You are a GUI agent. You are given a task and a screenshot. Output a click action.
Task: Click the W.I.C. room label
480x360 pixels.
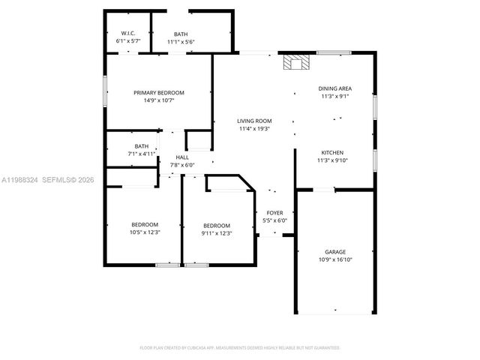tap(127, 34)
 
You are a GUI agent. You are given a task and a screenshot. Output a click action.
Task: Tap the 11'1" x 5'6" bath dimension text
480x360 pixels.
tap(181, 42)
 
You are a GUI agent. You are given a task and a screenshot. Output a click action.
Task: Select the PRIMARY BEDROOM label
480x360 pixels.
tap(159, 92)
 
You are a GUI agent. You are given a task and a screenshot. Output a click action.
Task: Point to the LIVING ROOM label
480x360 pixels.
tap(254, 121)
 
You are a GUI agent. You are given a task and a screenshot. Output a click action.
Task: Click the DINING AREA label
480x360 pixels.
tap(335, 88)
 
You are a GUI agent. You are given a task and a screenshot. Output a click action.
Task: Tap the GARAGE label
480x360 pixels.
tap(335, 252)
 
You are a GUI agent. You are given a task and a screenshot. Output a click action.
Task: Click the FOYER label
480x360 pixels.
tap(274, 213)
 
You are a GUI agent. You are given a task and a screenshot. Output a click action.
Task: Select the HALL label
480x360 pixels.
tap(182, 157)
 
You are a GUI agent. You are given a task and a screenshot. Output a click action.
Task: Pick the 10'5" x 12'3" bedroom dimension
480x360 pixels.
tap(145, 232)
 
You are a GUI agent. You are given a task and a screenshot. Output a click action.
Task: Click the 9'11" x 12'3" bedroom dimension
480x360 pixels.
tap(217, 233)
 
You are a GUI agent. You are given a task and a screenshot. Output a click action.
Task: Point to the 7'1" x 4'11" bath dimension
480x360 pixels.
tap(142, 154)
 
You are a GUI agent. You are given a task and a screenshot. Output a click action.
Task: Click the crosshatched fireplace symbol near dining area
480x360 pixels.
tap(295, 62)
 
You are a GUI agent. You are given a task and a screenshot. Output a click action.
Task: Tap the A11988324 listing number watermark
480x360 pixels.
tap(19, 179)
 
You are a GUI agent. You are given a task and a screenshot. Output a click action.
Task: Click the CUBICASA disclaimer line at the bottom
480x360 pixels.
tap(240, 348)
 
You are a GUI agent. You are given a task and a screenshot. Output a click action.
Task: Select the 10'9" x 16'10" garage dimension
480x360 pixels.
tap(335, 259)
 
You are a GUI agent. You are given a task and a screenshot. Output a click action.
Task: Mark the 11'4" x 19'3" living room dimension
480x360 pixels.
tap(254, 128)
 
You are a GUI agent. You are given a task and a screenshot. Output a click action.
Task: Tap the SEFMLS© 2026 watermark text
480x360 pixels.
tap(67, 179)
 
